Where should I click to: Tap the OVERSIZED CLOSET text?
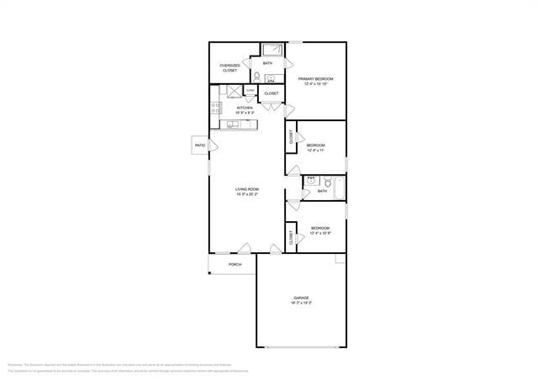229,68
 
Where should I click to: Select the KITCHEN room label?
245,109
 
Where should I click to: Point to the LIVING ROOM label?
246,192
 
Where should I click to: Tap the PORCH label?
235,265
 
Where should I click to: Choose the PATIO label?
200,145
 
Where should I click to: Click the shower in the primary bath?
272,50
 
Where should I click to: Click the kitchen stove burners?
215,108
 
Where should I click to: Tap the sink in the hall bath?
310,181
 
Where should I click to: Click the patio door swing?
214,145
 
